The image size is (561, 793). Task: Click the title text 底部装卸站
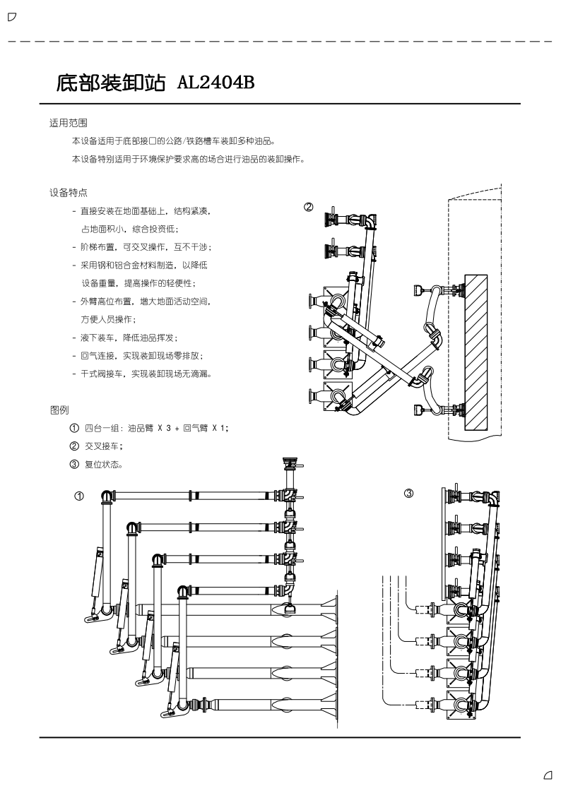click(112, 84)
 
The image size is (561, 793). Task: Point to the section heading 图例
click(59, 410)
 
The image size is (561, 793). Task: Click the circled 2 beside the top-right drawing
click(308, 208)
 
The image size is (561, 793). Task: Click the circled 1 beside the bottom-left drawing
click(80, 496)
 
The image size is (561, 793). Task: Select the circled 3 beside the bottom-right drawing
click(408, 493)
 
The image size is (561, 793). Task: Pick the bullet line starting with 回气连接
click(141, 355)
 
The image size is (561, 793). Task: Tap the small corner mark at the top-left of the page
click(11, 16)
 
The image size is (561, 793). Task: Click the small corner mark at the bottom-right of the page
click(548, 775)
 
